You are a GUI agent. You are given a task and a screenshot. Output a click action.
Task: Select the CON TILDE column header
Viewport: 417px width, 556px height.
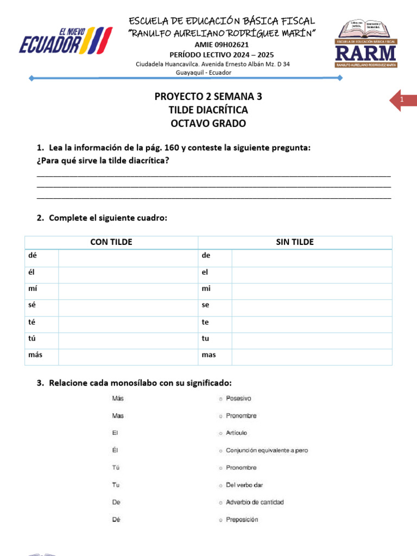(x=111, y=242)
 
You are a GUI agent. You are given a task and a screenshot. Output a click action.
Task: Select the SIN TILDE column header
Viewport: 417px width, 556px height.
(x=295, y=242)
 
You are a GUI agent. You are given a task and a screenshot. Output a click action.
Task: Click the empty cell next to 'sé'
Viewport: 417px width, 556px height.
(x=128, y=306)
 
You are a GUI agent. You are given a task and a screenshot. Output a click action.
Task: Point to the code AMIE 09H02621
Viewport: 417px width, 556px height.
(x=222, y=45)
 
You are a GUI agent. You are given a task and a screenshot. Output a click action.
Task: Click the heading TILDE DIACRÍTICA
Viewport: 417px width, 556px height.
(x=208, y=110)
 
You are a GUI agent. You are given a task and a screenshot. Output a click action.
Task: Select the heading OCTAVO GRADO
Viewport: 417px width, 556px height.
(x=208, y=123)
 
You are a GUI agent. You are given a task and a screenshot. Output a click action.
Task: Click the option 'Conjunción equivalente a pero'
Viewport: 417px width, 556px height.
(x=266, y=451)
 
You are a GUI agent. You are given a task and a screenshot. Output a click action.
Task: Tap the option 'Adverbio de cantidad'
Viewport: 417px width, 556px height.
(x=254, y=502)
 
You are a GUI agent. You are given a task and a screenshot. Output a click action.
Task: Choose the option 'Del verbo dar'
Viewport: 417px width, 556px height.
(x=244, y=485)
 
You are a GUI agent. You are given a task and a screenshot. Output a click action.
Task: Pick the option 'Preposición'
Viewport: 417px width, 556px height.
(x=242, y=520)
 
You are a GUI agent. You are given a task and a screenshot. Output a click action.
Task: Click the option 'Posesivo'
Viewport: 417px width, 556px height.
(x=238, y=399)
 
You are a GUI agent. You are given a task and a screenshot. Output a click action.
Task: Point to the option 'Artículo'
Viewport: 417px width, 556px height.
(x=236, y=433)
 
